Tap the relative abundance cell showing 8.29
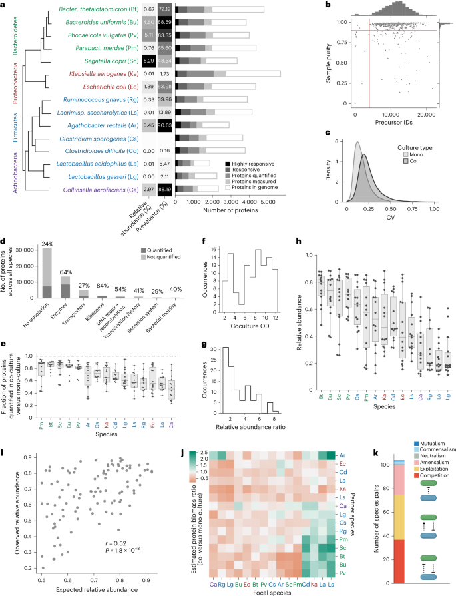(x=150, y=61)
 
